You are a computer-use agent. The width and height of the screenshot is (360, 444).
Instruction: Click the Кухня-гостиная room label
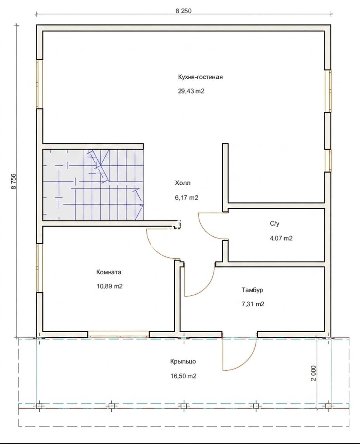tap(200, 77)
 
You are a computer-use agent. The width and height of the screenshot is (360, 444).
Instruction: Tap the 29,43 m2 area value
tap(191, 91)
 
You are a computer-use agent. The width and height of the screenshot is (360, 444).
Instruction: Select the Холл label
tap(183, 183)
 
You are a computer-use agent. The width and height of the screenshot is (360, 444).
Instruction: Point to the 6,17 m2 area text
tap(187, 198)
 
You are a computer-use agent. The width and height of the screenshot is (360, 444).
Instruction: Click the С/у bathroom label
tap(275, 224)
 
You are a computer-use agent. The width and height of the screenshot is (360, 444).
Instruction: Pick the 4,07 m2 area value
tap(281, 238)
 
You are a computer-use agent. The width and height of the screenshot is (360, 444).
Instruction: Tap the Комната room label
tap(109, 272)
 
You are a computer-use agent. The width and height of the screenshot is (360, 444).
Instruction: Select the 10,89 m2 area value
tap(109, 286)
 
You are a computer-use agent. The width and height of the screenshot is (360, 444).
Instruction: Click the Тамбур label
tap(252, 290)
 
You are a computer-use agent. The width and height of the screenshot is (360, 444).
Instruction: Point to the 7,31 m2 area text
tap(253, 304)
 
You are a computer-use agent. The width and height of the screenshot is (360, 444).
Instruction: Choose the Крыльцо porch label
tap(183, 362)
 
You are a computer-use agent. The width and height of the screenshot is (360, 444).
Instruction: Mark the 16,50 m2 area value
tap(183, 376)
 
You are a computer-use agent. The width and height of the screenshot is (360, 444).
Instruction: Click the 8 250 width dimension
tap(183, 11)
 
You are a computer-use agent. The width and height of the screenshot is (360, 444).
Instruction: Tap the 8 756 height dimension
tap(13, 181)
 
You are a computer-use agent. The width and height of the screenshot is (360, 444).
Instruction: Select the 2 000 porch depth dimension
tap(313, 373)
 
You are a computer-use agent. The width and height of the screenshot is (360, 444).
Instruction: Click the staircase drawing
tap(93, 185)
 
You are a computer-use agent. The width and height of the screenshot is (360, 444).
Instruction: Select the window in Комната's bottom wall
tap(118, 335)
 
